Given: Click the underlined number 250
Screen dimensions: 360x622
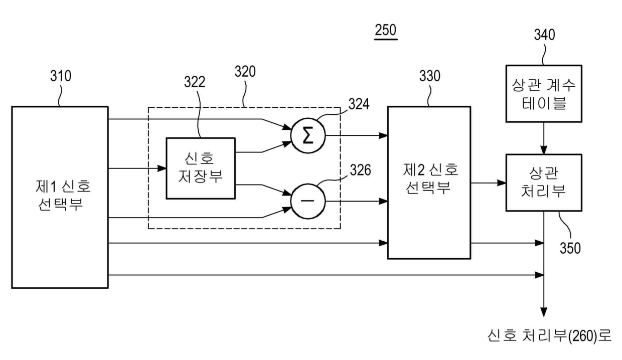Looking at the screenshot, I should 385,31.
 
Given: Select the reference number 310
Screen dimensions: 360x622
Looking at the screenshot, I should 60,76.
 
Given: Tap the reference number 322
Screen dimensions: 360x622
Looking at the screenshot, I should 194,83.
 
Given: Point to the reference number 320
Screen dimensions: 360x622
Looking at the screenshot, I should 245,72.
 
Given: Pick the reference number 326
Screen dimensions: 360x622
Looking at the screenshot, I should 360,170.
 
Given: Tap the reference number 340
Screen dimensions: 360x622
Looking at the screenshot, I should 544,35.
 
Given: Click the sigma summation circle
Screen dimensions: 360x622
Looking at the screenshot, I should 308,135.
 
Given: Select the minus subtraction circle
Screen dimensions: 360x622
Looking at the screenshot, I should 308,202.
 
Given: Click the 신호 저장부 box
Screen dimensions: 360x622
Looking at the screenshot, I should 201,168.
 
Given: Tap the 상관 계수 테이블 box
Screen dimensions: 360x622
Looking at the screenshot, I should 544,93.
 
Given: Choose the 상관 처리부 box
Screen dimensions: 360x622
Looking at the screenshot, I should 544,182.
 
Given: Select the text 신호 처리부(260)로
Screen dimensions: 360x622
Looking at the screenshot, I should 549,334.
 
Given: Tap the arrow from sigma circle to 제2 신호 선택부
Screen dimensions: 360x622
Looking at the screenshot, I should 357,135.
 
